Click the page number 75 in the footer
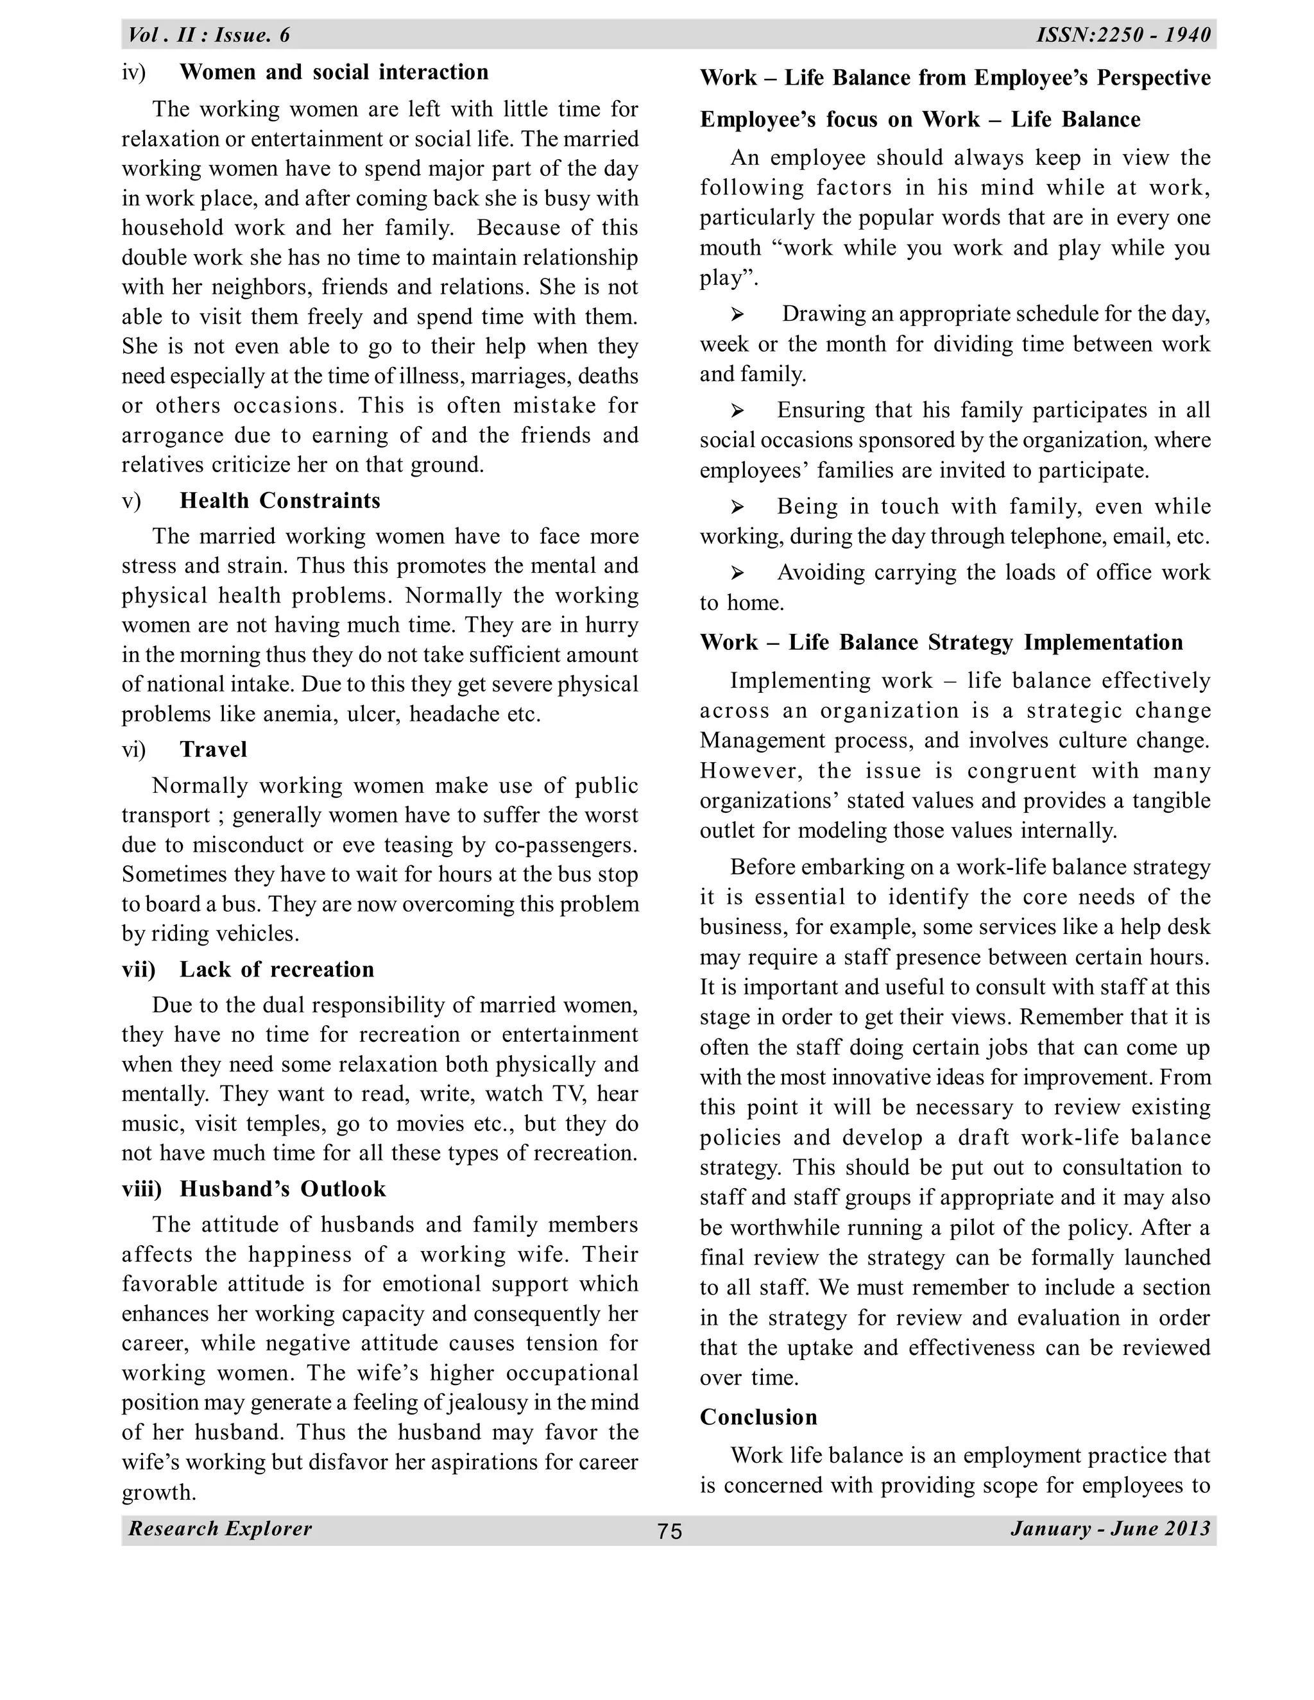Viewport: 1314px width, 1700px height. pos(669,1531)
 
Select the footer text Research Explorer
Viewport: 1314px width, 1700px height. pos(220,1528)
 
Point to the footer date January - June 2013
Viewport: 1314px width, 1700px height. pos(1110,1528)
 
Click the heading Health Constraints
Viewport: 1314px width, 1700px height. pos(280,500)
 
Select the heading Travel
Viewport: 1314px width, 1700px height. pos(213,749)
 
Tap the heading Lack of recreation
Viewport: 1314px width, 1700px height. pos(277,969)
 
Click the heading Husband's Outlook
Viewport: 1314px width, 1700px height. pos(282,1189)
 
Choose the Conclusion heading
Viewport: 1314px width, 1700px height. pos(758,1416)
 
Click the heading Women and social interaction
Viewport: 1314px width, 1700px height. pos(334,72)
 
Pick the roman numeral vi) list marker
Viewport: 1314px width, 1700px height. pos(134,749)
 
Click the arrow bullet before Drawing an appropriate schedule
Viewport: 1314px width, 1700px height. pos(737,314)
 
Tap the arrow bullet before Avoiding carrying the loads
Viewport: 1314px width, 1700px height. pos(737,574)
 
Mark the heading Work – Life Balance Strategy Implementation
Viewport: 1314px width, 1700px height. pos(941,642)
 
